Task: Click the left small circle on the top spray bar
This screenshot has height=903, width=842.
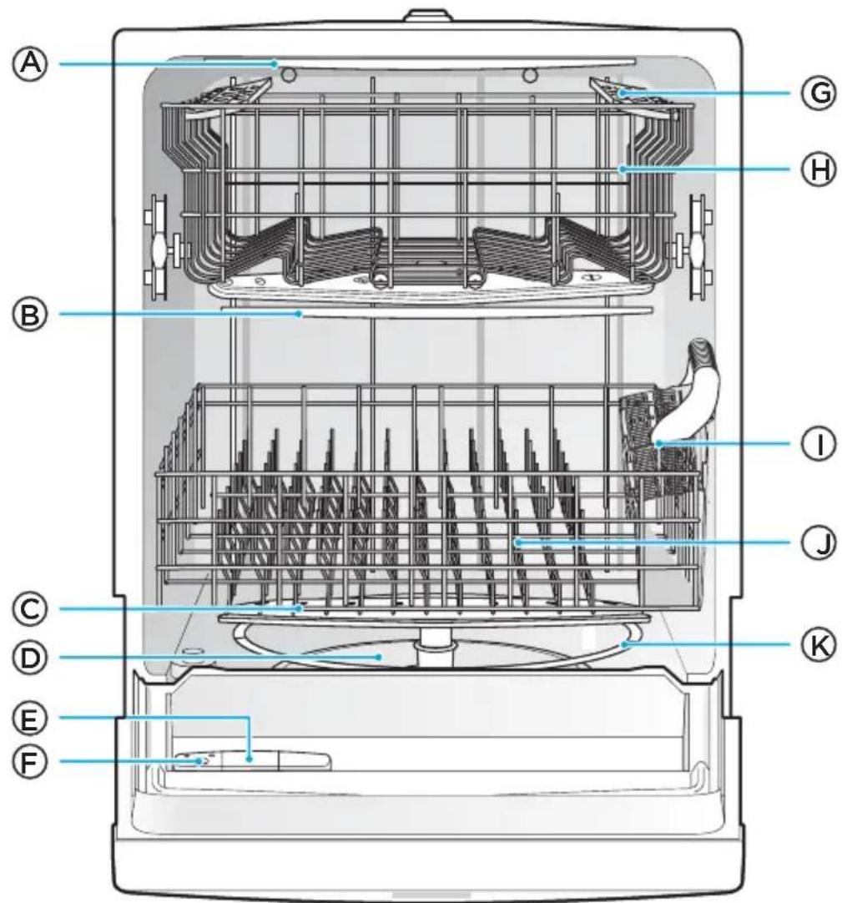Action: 289,74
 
